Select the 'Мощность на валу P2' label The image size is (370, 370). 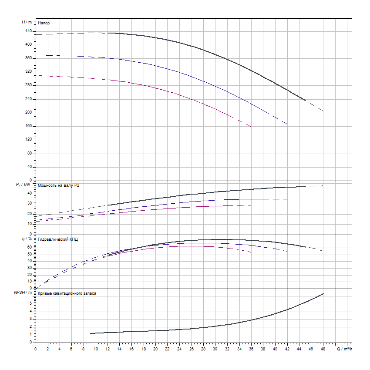pyautogui.click(x=59, y=186)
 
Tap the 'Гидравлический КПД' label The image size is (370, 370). pyautogui.click(x=58, y=239)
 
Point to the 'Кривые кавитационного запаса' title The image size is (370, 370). pyautogui.click(x=67, y=293)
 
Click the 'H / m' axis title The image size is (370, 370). pyautogui.click(x=27, y=22)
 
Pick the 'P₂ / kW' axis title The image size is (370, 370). pyautogui.click(x=24, y=185)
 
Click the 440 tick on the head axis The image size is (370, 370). pyautogui.click(x=29, y=31)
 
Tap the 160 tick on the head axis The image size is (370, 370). pyautogui.click(x=29, y=126)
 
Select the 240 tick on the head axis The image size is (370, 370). pyautogui.click(x=29, y=99)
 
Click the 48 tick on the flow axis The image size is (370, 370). pyautogui.click(x=323, y=349)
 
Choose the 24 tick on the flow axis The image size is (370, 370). pyautogui.click(x=179, y=349)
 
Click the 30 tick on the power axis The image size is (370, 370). pyautogui.click(x=29, y=203)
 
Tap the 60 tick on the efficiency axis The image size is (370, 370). pyautogui.click(x=30, y=247)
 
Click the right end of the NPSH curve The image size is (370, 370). pyautogui.click(x=323, y=294)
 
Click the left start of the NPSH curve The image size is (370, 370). pyautogui.click(x=90, y=333)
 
